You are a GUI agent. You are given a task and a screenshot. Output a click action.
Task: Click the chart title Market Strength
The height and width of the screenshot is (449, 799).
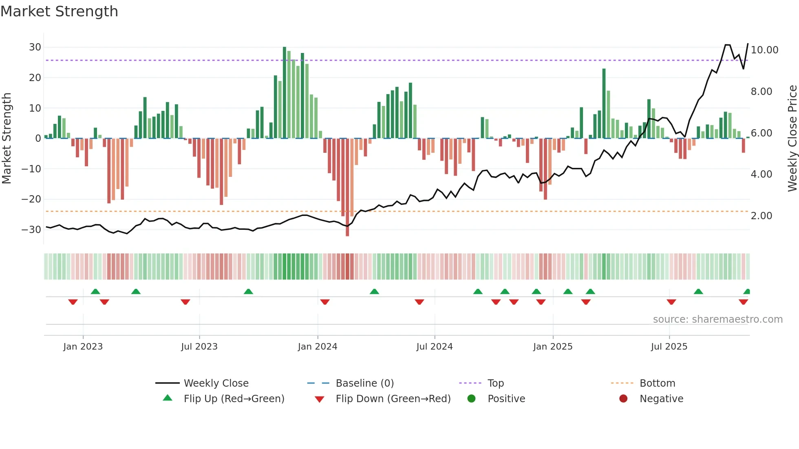[59, 11]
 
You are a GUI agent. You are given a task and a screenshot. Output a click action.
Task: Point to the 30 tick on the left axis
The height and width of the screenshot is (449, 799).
[35, 47]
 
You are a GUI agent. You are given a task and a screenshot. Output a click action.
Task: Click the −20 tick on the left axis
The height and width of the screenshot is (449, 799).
[31, 199]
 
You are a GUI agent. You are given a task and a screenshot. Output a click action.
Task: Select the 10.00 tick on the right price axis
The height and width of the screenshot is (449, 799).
[764, 50]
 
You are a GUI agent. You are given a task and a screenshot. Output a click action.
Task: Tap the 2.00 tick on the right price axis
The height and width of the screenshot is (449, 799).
[761, 216]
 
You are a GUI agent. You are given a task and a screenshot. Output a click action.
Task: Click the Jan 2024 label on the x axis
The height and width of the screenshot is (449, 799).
[318, 347]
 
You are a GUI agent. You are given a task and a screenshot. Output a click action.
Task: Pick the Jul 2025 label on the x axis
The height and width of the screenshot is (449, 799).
[669, 347]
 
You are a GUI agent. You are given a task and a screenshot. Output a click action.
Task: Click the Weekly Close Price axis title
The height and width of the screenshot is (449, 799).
[792, 139]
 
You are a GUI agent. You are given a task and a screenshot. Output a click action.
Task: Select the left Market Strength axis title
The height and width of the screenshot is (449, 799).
[7, 139]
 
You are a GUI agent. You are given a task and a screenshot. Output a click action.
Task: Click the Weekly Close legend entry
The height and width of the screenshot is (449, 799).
[216, 383]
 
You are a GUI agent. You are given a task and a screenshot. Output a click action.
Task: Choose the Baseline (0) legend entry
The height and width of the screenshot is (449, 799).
[364, 383]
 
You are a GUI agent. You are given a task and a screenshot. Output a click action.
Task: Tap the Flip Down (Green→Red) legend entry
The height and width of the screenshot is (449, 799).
[393, 399]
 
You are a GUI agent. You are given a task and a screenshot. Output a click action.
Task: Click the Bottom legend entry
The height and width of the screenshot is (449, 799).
[657, 383]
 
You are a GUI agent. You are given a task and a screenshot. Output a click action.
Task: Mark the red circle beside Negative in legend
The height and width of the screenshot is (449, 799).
[623, 399]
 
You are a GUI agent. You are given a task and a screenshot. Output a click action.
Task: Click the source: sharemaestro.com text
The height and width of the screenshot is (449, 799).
[717, 319]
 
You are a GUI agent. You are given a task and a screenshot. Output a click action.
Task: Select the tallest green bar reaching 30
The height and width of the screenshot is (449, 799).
[285, 93]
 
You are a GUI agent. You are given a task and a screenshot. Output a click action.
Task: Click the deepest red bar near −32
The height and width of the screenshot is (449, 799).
[347, 187]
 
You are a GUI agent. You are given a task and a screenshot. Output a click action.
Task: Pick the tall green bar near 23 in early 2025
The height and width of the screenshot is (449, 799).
[604, 103]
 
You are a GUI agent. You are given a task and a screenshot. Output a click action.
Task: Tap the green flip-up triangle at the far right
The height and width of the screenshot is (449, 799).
[747, 292]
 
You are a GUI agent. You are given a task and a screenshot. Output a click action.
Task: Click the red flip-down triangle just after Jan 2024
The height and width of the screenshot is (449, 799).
[325, 302]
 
